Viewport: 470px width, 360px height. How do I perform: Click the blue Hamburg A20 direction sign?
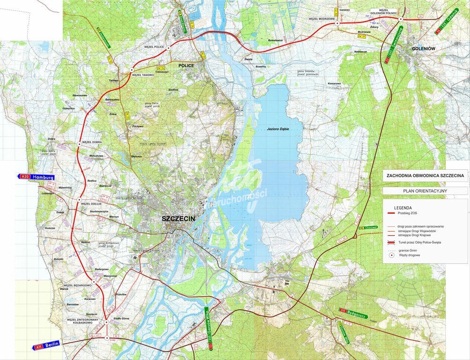36,177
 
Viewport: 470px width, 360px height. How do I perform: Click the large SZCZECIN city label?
178,219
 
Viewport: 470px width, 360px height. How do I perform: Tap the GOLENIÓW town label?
424,48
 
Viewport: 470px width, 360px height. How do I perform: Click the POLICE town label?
186,66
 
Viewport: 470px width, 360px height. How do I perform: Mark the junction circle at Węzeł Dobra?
79,144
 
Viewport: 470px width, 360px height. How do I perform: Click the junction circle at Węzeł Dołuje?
78,200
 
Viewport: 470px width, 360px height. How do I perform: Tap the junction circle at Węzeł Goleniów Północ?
401,19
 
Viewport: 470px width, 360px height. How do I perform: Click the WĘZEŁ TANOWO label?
143,75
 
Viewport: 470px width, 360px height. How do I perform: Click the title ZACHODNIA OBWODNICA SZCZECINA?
425,175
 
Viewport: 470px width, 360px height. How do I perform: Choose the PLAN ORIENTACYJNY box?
425,191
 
